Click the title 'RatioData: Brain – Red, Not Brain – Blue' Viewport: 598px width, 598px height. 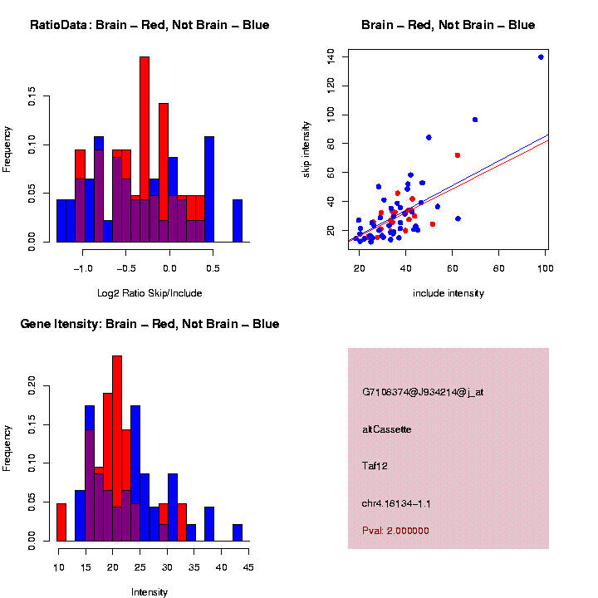point(149,25)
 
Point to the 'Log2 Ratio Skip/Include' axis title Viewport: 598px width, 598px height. point(149,292)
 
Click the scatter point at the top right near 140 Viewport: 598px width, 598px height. point(541,57)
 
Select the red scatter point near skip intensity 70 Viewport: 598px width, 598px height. point(457,155)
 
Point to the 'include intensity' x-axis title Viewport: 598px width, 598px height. point(448,293)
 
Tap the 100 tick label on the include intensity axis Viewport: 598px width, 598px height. point(546,267)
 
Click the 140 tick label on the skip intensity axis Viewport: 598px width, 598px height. point(331,56)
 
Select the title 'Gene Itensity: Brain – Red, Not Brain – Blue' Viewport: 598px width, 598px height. point(149,324)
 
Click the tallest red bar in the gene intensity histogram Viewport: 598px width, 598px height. point(117,432)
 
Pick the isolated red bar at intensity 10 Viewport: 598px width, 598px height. point(61,522)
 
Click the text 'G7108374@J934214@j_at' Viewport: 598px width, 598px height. point(423,392)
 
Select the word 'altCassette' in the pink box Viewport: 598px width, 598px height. point(387,429)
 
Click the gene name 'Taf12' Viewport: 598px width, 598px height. point(375,466)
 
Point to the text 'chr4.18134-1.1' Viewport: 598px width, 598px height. point(396,503)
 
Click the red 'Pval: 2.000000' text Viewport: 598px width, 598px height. point(396,530)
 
